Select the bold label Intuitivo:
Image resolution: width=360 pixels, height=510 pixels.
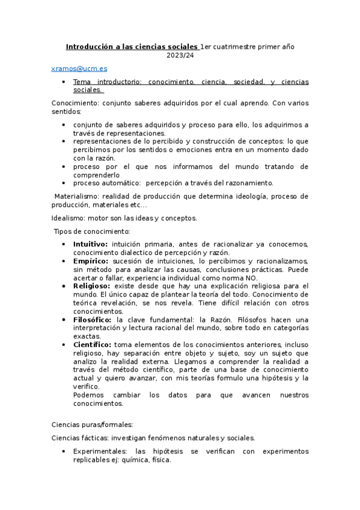click(91, 244)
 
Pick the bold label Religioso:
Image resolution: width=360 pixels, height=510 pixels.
click(93, 286)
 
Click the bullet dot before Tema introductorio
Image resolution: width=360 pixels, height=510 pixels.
click(64, 81)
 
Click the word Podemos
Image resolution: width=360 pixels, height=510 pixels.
click(90, 395)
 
